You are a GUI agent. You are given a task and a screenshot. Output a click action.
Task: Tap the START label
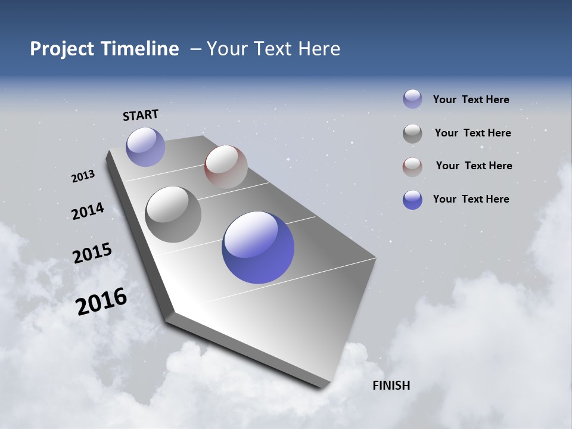point(141,115)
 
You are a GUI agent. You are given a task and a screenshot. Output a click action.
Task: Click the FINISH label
point(391,386)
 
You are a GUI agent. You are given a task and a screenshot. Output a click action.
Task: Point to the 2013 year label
point(83,176)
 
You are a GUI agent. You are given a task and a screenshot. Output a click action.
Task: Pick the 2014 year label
point(88,212)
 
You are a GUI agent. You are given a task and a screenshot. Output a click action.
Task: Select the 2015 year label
point(92,253)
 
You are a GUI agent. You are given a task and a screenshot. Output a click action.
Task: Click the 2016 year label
point(101,301)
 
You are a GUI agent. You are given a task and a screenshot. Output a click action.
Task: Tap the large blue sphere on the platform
point(258,247)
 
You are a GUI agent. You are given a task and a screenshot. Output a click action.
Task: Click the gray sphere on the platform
point(173,214)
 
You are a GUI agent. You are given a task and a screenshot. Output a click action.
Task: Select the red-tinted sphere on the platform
point(226,167)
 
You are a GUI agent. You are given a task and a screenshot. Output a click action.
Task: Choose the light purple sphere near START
point(145,147)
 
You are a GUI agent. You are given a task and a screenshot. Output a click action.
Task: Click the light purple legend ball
point(412,99)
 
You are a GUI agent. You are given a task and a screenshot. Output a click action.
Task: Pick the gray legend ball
point(412,133)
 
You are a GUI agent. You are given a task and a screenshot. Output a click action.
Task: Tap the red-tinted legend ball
point(412,167)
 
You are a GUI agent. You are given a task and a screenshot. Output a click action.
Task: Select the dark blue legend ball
point(412,200)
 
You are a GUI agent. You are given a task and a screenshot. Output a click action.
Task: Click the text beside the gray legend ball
point(472,133)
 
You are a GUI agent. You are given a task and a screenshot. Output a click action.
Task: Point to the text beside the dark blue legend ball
point(471,199)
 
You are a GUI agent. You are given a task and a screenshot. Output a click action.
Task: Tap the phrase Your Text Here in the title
point(273,49)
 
